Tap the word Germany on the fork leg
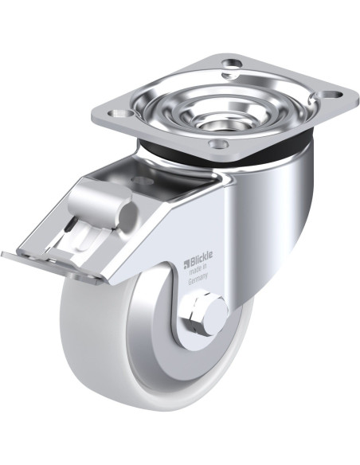pyautogui.click(x=198, y=278)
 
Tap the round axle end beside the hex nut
pyautogui.click(x=216, y=313)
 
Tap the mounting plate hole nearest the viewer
pyautogui.click(x=218, y=144)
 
